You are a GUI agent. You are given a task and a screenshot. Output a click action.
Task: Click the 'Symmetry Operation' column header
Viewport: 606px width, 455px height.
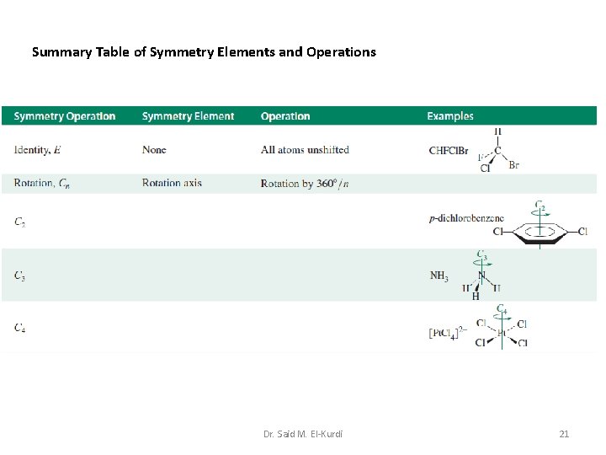coord(65,116)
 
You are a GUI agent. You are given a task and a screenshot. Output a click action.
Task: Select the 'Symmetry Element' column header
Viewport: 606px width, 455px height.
coord(189,116)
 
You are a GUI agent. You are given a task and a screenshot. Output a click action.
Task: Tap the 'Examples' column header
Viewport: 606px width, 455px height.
coord(450,116)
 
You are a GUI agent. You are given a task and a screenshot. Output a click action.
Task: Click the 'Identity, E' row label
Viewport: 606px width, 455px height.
coord(37,150)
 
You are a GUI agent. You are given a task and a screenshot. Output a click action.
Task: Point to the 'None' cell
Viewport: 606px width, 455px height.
coord(154,150)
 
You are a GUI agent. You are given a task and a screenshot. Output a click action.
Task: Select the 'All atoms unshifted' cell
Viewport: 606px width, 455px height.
coord(305,150)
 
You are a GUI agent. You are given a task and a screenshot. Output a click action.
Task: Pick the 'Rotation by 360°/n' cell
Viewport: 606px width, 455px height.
coord(304,183)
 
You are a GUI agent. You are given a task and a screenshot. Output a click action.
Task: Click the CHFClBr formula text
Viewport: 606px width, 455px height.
coord(449,151)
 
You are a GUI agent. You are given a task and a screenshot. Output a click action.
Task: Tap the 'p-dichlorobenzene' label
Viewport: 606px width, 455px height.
coord(466,218)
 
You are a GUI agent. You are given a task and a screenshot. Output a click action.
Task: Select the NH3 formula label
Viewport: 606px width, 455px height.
coord(439,276)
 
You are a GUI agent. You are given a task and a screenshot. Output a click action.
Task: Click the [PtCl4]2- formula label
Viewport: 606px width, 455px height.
coord(447,333)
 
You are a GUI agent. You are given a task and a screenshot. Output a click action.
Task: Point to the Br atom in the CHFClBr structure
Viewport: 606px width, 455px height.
coord(514,165)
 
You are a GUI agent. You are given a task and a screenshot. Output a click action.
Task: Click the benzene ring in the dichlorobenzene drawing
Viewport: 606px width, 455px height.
coord(539,232)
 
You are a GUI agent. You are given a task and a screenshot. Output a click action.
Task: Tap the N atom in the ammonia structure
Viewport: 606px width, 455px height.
coord(482,275)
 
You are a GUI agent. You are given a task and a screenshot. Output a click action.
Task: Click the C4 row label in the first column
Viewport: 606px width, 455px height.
coord(19,328)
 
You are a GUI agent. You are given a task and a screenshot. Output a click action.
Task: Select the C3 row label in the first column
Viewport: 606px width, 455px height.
coord(19,276)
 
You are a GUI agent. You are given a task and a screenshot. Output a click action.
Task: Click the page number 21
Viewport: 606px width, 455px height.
coord(564,434)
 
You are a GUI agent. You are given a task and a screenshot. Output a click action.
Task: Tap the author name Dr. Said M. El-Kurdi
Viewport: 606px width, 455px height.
coord(303,434)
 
